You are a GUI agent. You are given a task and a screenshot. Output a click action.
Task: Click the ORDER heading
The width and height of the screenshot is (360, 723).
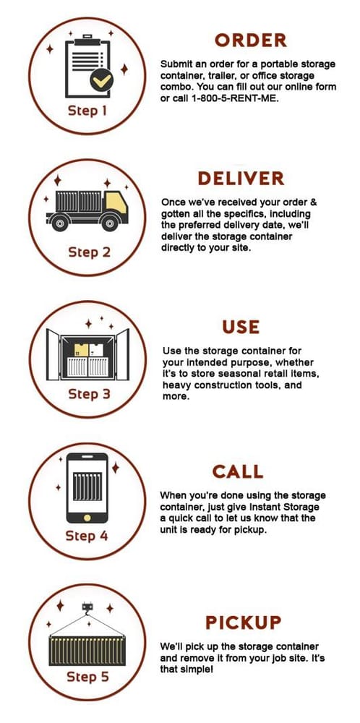click(251, 40)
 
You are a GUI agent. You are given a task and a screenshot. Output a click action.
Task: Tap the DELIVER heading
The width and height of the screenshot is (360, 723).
click(241, 179)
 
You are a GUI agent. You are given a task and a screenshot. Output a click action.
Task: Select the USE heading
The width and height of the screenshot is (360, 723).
click(241, 327)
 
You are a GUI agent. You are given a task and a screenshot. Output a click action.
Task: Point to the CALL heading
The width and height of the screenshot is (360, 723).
click(238, 471)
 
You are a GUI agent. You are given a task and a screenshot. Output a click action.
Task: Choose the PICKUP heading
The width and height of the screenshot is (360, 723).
click(244, 623)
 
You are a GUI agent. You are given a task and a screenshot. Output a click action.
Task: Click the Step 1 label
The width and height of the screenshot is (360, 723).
click(87, 111)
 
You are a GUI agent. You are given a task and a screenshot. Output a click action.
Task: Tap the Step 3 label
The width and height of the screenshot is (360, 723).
click(90, 394)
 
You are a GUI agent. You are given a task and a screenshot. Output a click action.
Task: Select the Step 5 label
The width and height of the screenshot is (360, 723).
click(88, 677)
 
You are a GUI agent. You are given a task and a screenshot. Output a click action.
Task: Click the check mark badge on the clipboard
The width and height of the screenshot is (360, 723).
click(101, 80)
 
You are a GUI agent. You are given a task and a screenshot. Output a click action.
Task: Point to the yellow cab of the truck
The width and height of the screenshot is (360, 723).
click(116, 203)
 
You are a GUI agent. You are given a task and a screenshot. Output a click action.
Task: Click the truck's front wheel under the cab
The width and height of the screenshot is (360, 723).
click(109, 223)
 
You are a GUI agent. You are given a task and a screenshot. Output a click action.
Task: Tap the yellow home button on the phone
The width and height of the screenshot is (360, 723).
click(87, 518)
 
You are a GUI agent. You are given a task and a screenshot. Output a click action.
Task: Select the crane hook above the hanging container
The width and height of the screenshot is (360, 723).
click(87, 607)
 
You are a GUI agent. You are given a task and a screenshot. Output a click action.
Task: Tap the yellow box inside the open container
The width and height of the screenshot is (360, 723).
click(81, 349)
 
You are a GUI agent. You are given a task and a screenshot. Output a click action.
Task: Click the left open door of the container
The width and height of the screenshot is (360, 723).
click(53, 354)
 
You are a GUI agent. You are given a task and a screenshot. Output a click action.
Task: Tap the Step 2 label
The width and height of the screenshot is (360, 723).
click(90, 252)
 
